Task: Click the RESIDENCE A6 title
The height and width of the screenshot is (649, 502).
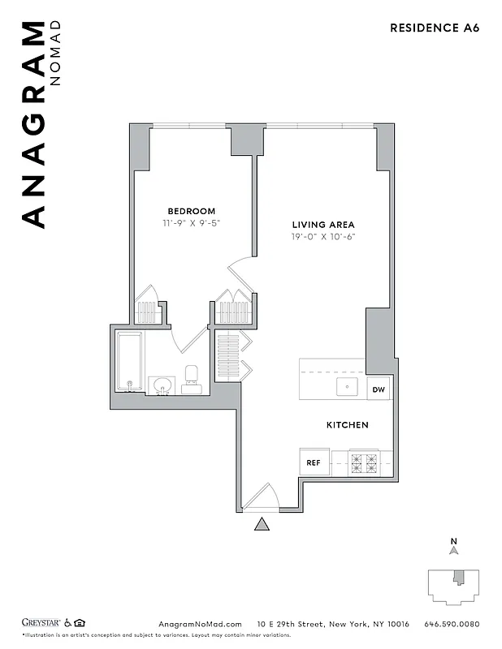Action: [x=435, y=28]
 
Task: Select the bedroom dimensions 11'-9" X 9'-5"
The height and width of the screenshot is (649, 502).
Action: [x=191, y=222]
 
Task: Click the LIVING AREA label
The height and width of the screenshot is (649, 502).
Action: [x=324, y=225]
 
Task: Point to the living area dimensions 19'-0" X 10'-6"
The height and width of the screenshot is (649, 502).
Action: [x=324, y=236]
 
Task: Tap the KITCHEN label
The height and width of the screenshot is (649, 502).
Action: [x=348, y=425]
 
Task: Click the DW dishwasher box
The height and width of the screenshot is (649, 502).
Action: [x=379, y=389]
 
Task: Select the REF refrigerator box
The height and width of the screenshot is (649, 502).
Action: [x=313, y=462]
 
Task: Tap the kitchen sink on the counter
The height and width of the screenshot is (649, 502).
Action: [x=348, y=387]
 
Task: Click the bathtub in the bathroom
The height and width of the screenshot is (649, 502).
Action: [x=129, y=361]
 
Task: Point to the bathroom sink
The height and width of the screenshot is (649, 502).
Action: [x=160, y=385]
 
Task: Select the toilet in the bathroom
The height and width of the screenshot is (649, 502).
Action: [x=192, y=378]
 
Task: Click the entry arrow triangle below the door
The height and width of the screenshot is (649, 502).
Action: [x=262, y=525]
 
